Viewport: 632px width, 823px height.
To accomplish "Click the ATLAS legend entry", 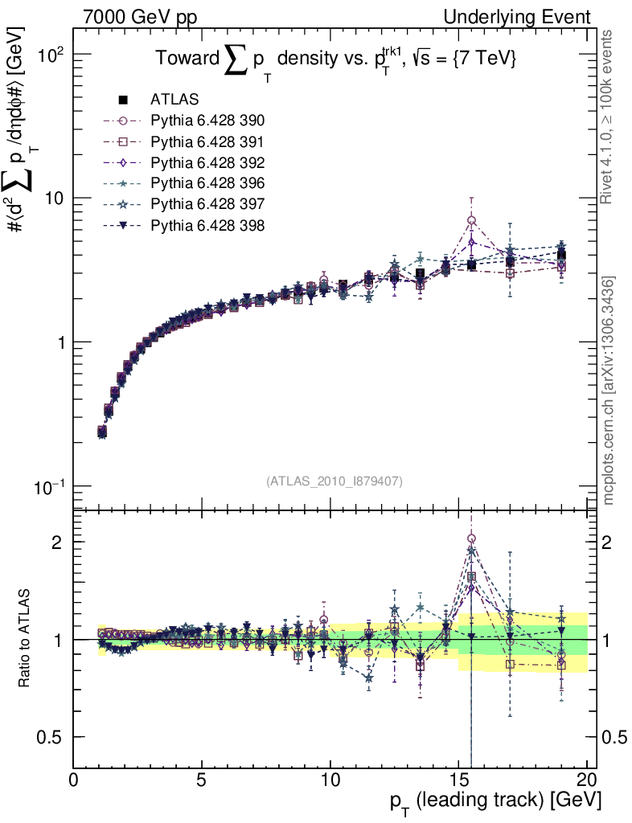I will click(174, 100).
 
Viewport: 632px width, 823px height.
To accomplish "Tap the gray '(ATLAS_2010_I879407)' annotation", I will click(334, 481).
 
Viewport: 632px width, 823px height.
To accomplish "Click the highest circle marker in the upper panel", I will click(472, 220).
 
